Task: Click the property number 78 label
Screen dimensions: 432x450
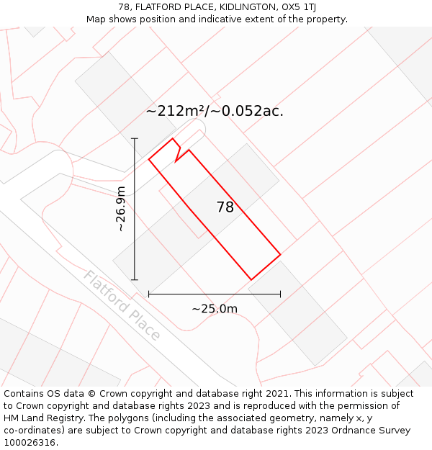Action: click(x=225, y=207)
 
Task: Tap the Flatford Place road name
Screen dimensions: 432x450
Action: click(x=122, y=305)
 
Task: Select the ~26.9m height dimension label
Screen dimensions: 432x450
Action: click(x=121, y=209)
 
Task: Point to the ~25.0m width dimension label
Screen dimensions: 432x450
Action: click(x=215, y=309)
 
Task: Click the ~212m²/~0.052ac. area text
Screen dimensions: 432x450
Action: click(x=215, y=111)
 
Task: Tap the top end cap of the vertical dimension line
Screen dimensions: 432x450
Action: click(x=135, y=138)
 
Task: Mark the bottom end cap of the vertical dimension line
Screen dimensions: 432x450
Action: click(x=135, y=279)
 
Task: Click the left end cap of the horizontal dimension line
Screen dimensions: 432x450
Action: click(x=149, y=294)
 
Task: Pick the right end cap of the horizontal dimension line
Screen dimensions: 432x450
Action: click(x=280, y=294)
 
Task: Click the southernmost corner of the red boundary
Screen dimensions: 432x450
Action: click(x=251, y=279)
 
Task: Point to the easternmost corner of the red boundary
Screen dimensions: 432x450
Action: click(x=280, y=254)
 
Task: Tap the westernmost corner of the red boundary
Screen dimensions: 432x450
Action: click(x=149, y=159)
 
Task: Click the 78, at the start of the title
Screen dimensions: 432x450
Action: click(x=125, y=7)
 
